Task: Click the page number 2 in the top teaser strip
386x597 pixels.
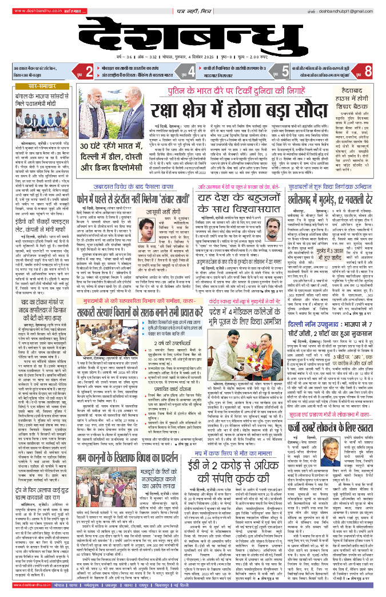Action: click(x=89, y=72)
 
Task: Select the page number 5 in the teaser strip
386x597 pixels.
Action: click(x=285, y=72)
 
